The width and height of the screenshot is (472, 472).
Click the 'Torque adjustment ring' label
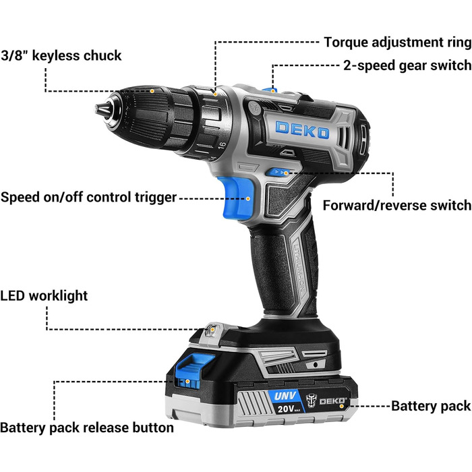(398, 42)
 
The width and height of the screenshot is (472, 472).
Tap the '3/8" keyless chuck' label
(61, 56)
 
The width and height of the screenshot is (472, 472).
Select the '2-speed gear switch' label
(407, 65)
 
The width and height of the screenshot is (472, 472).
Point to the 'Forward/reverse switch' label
(397, 206)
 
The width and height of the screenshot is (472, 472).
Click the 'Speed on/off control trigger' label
(88, 198)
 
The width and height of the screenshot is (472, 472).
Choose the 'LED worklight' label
(44, 295)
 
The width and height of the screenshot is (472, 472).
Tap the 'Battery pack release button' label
(87, 427)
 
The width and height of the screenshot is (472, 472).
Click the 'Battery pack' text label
(431, 406)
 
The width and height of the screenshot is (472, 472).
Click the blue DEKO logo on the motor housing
(302, 130)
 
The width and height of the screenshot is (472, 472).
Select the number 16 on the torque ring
(222, 146)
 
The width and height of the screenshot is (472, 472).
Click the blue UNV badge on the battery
(285, 396)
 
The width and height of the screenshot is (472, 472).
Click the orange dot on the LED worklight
(212, 330)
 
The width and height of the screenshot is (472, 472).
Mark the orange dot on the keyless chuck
(152, 91)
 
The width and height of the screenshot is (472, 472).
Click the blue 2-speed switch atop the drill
(270, 90)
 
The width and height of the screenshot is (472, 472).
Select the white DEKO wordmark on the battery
(332, 401)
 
